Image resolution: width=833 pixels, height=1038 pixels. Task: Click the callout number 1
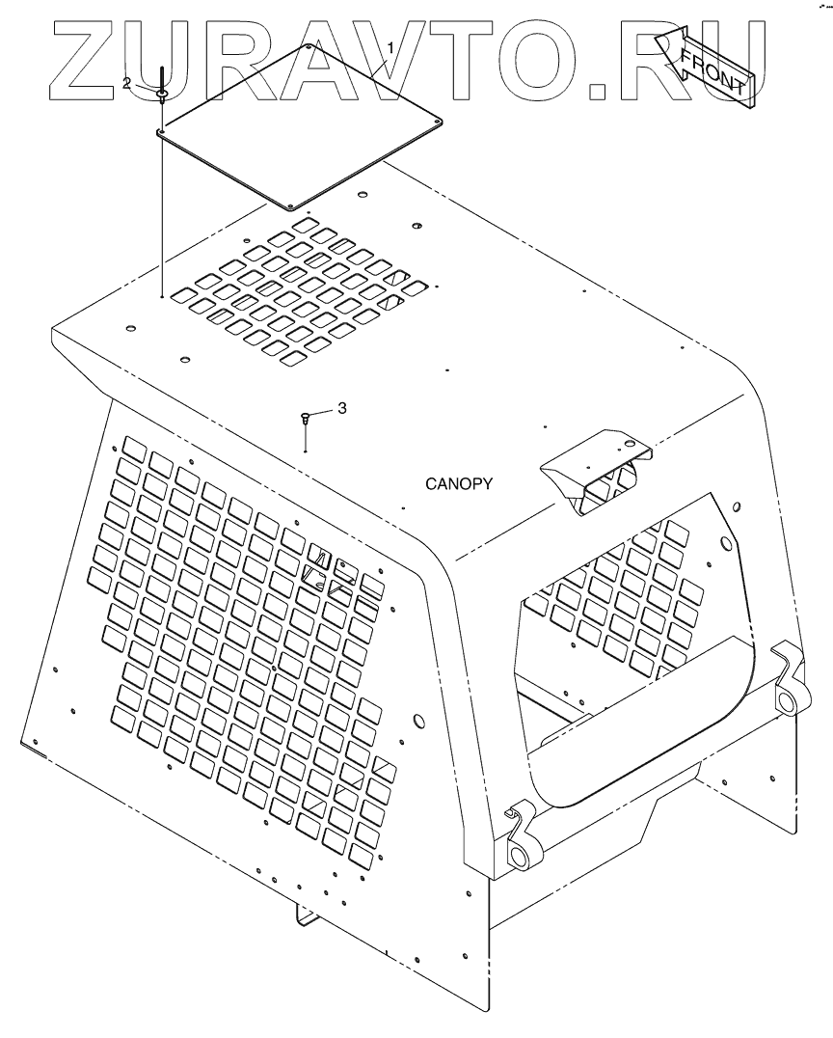tap(390, 47)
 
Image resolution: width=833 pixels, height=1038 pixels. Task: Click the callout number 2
tap(126, 84)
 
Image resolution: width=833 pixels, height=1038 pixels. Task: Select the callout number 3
tap(341, 409)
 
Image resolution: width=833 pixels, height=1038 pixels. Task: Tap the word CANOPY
tap(459, 484)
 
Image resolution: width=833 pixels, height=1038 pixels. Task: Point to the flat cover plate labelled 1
tap(299, 125)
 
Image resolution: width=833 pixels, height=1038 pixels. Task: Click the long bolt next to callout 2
tap(161, 77)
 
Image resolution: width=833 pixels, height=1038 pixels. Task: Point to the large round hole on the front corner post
tap(418, 721)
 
